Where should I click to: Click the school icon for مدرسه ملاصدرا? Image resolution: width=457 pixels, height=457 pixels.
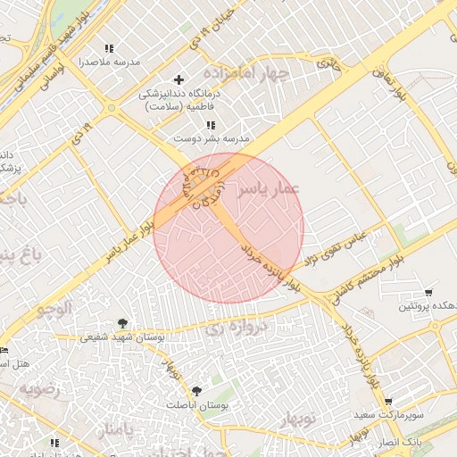click(109, 48)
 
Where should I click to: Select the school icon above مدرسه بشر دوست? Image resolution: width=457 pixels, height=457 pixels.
click(211, 126)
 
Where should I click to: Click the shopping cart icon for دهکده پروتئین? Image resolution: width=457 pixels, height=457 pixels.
click(429, 293)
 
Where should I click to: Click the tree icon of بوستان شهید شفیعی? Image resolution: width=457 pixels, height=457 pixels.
click(122, 323)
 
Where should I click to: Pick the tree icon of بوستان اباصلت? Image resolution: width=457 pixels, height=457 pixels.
click(196, 390)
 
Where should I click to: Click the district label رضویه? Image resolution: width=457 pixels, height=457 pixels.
click(39, 389)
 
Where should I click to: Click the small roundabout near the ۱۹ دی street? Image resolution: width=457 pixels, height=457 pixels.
click(112, 108)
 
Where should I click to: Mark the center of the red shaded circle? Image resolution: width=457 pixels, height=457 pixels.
click(228, 228)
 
